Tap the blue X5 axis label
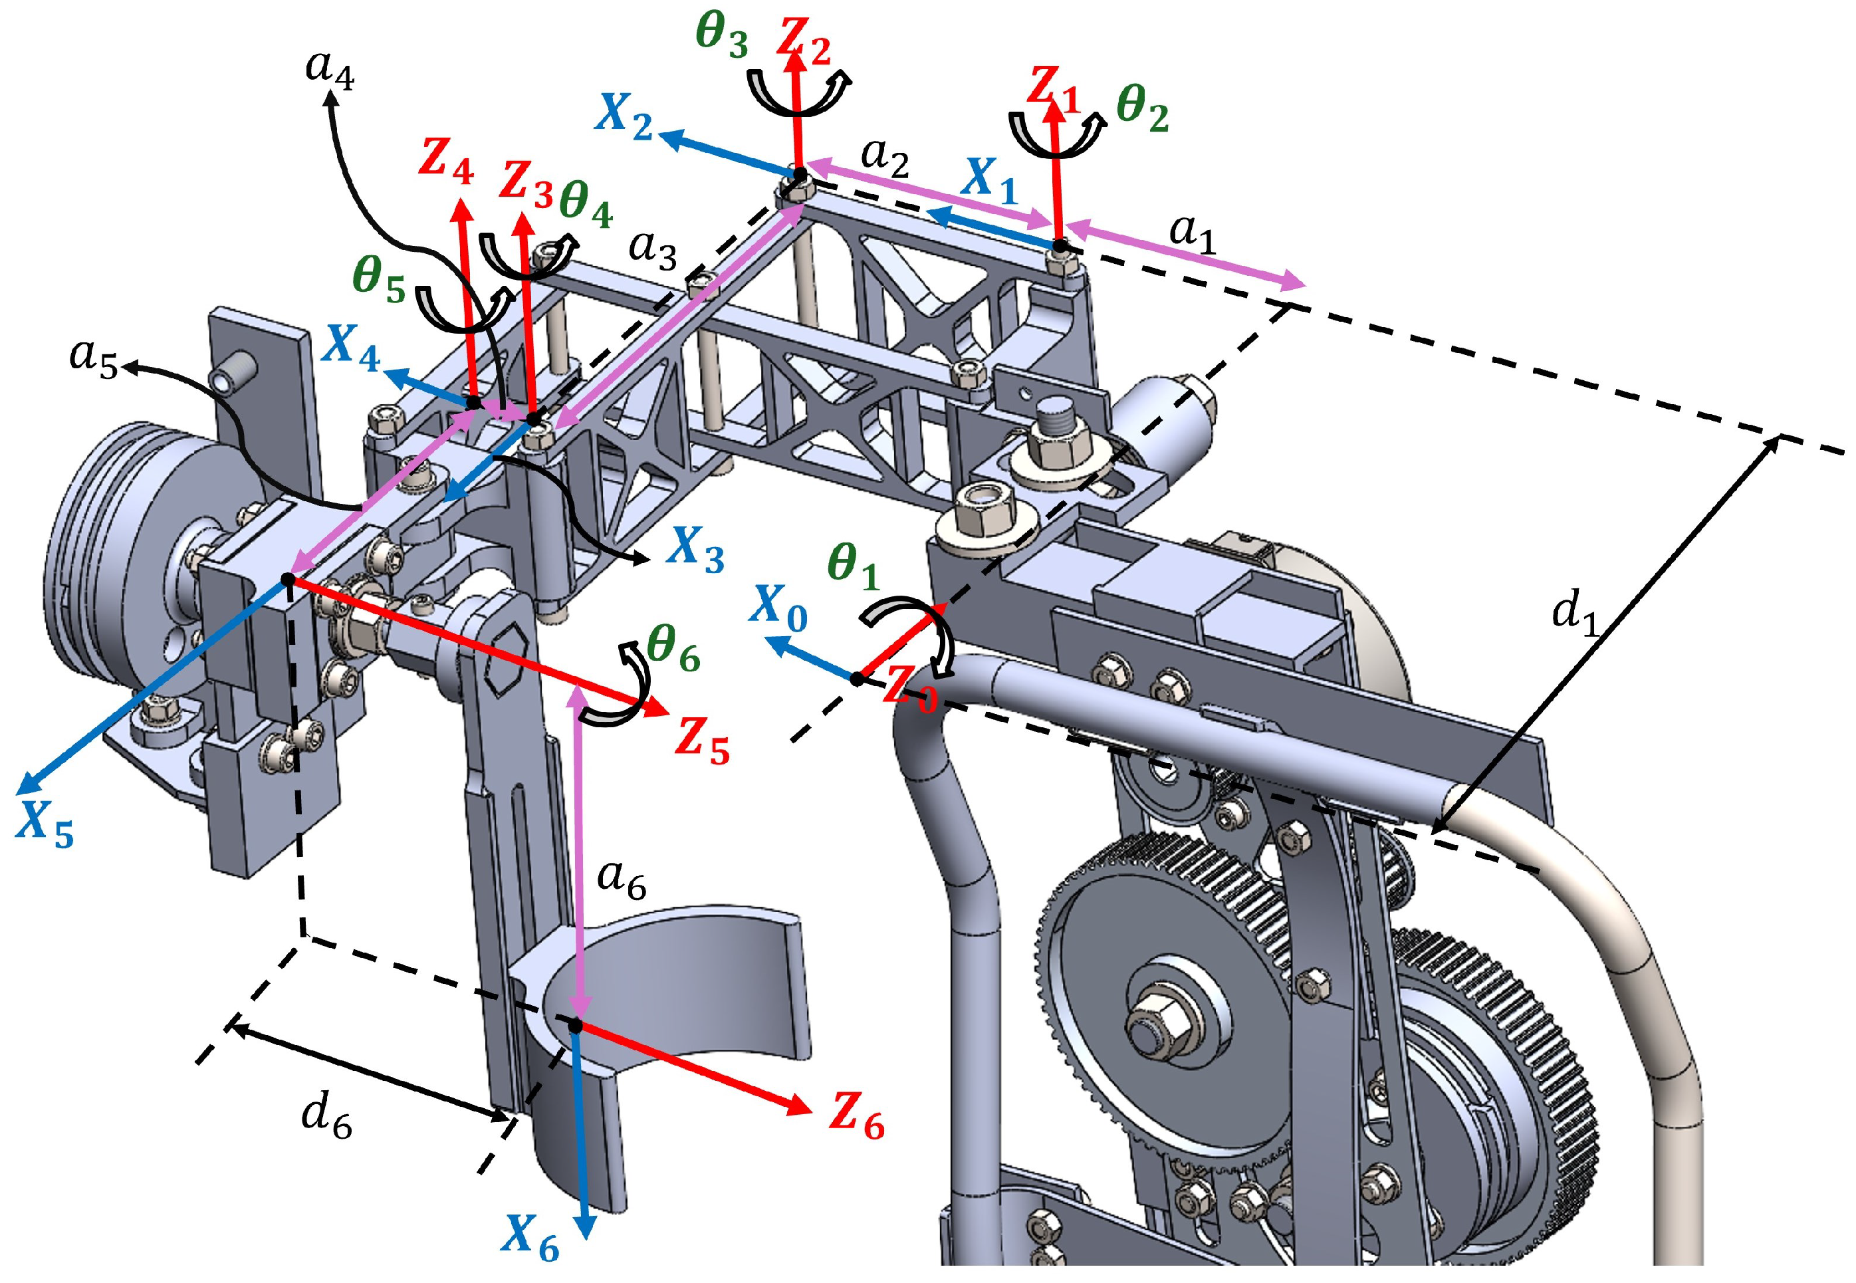45,825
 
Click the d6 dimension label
326,1117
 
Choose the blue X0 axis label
777,608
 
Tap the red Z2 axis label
803,42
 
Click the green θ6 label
673,648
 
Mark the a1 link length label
1192,234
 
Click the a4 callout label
330,68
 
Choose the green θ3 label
721,36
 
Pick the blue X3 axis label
696,550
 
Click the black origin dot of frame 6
576,1026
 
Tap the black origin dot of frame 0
857,679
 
